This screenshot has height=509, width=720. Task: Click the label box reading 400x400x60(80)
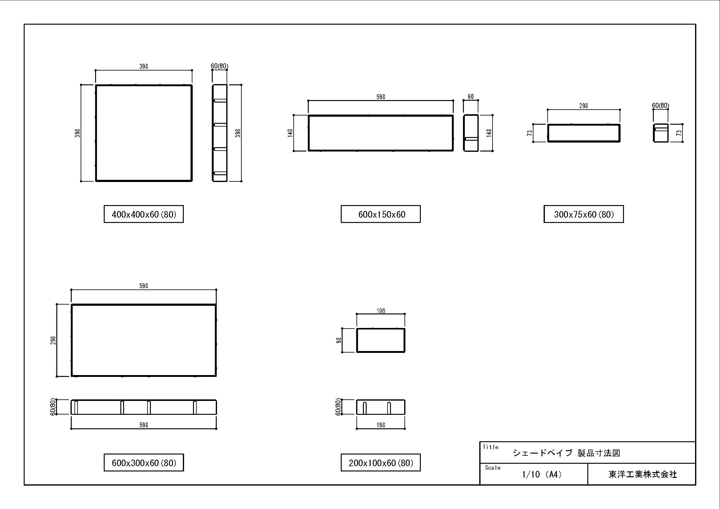pyautogui.click(x=144, y=214)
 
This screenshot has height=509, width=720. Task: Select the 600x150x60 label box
pyautogui.click(x=381, y=214)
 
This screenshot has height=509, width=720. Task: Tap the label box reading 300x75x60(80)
pyautogui.click(x=584, y=214)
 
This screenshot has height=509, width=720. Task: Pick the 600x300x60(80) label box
pyautogui.click(x=144, y=463)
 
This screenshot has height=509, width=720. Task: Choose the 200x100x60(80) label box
pyautogui.click(x=381, y=463)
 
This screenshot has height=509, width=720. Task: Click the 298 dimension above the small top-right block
pyautogui.click(x=584, y=106)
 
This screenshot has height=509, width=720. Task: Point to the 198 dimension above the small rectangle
pyautogui.click(x=381, y=311)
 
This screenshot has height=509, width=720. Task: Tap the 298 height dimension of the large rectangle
pyautogui.click(x=53, y=340)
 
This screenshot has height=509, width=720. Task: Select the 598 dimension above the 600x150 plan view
pyautogui.click(x=381, y=97)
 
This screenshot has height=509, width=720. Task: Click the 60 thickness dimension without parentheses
pyautogui.click(x=471, y=97)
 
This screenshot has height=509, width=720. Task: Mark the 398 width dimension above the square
pyautogui.click(x=144, y=67)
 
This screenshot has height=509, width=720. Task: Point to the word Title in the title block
pyautogui.click(x=490, y=447)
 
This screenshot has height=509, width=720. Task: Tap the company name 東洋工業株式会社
pyautogui.click(x=643, y=475)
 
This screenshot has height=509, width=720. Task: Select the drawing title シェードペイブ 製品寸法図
pyautogui.click(x=566, y=453)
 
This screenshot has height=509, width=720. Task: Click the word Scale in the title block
pyautogui.click(x=493, y=468)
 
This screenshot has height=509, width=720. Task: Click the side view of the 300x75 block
pyautogui.click(x=661, y=133)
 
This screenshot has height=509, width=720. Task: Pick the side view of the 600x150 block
pyautogui.click(x=471, y=133)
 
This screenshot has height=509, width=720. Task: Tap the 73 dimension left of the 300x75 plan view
pyautogui.click(x=530, y=133)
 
